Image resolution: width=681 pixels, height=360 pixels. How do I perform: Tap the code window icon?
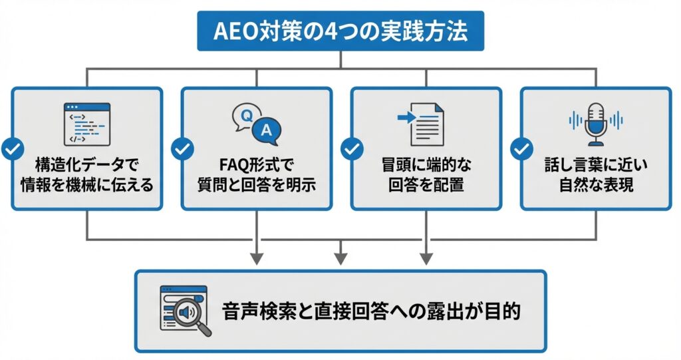[86, 124]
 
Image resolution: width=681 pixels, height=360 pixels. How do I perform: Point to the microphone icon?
[595, 124]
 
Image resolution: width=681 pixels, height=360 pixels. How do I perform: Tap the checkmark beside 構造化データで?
[12, 149]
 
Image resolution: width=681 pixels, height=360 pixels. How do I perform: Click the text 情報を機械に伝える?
[86, 184]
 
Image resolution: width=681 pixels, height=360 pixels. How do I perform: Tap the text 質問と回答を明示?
[256, 184]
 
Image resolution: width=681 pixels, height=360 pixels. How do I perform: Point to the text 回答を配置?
[426, 184]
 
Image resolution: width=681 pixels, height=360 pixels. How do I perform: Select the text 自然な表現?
[595, 184]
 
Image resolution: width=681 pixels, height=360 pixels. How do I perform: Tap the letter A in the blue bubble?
[267, 131]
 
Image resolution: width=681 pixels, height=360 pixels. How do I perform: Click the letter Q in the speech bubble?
[245, 116]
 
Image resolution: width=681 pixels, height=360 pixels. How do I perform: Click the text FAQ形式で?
[256, 163]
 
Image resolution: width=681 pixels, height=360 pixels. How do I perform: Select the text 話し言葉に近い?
[595, 163]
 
